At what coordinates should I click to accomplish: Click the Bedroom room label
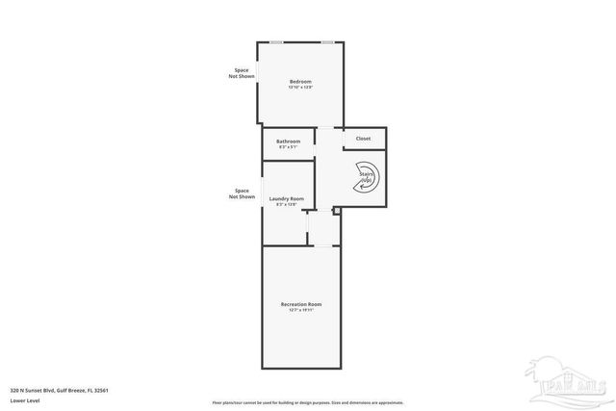(x=300, y=82)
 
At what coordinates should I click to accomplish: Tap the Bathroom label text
(x=289, y=141)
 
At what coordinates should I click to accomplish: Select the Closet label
(x=363, y=139)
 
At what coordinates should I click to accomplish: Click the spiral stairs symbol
(x=368, y=178)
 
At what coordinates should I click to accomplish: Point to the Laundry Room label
(x=286, y=199)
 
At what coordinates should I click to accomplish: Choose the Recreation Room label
(x=300, y=304)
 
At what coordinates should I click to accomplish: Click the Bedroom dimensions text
(x=300, y=89)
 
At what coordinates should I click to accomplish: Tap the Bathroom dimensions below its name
(x=289, y=147)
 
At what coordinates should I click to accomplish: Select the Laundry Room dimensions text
(x=286, y=205)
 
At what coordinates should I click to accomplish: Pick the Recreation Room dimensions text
(x=300, y=310)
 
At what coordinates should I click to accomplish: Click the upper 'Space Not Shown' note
(x=242, y=72)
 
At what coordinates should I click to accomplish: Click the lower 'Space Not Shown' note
(x=242, y=193)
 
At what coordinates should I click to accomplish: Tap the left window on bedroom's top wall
(x=276, y=41)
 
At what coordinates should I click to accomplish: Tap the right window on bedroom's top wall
(x=327, y=41)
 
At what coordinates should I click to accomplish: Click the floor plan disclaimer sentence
(x=308, y=401)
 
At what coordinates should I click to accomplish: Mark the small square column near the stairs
(x=336, y=211)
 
